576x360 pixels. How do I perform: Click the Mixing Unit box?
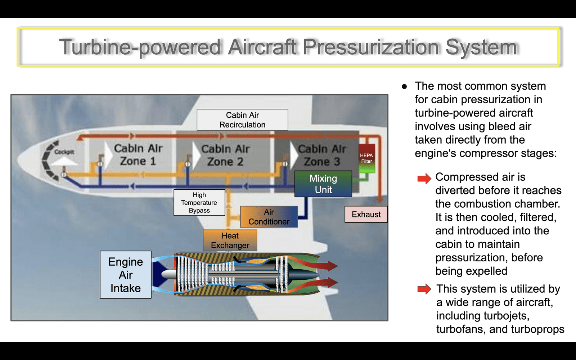(x=323, y=184)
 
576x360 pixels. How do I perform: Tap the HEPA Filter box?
(x=367, y=158)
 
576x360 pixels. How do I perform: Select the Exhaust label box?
(x=366, y=214)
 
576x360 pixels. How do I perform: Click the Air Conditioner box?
(x=269, y=217)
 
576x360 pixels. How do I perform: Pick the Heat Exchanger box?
(x=230, y=240)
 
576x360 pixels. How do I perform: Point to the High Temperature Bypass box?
(x=199, y=203)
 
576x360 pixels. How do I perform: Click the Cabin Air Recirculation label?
(x=243, y=120)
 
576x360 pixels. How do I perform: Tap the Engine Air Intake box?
(x=126, y=275)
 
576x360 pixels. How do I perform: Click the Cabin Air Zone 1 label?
(x=138, y=154)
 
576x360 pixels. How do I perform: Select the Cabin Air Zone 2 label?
(x=225, y=155)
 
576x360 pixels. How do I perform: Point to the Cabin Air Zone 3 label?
(x=322, y=155)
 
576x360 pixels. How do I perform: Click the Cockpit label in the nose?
(x=64, y=152)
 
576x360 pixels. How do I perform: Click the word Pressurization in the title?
(x=370, y=47)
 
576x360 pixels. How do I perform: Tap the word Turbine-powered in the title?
(x=140, y=47)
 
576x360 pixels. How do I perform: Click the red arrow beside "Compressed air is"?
(x=424, y=178)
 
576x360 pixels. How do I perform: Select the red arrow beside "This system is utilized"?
(x=424, y=289)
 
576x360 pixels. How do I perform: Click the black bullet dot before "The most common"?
(x=404, y=87)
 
